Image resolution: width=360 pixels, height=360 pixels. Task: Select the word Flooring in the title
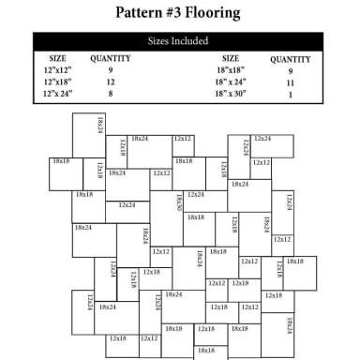tap(219, 14)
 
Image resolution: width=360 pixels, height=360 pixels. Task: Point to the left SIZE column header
tap(57, 58)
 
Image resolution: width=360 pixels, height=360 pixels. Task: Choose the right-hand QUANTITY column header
tap(290, 58)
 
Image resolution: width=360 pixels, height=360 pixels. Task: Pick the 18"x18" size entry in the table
tap(230, 70)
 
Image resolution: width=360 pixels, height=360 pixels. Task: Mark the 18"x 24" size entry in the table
tap(231, 82)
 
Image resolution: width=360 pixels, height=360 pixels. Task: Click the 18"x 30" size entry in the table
tap(231, 95)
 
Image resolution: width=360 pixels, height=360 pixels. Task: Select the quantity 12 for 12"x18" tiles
tap(110, 82)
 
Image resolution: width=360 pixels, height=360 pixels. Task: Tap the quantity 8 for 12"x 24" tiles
tap(110, 95)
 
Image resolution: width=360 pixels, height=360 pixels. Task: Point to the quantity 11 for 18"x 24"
tap(290, 82)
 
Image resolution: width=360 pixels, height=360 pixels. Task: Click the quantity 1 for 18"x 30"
tap(290, 95)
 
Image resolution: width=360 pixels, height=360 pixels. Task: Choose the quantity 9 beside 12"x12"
tap(110, 70)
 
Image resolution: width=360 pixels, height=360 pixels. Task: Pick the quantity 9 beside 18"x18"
tap(290, 70)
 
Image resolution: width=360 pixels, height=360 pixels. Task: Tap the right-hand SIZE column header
tap(230, 58)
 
